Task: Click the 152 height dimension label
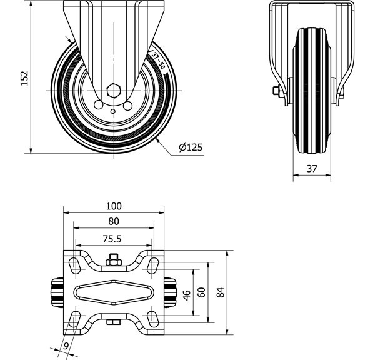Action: tap(24, 78)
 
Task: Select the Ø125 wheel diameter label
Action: tap(190, 147)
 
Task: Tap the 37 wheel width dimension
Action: tap(312, 169)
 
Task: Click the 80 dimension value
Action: tap(114, 221)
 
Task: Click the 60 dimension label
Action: tap(201, 292)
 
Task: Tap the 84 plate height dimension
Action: tap(220, 292)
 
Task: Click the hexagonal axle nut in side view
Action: tap(114, 89)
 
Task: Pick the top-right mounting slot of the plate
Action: tap(152, 264)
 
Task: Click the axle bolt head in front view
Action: tap(276, 92)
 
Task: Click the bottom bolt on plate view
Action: tap(114, 322)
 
